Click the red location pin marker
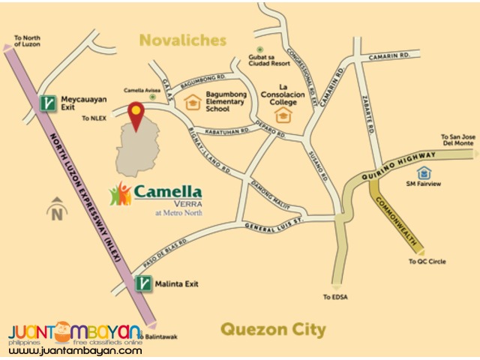click(136, 115)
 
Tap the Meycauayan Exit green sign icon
click(49, 103)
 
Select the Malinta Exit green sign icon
click(143, 283)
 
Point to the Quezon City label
click(273, 329)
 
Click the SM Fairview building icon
click(425, 174)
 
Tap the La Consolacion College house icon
click(283, 115)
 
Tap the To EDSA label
click(335, 297)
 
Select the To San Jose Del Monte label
click(458, 141)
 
